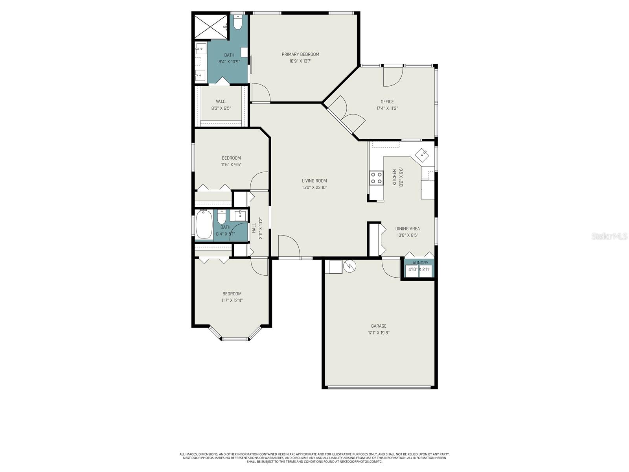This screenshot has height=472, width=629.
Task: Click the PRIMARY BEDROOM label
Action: point(300,54)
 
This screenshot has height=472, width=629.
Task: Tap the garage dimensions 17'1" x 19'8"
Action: point(379,333)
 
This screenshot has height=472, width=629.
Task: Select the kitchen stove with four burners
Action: point(376,178)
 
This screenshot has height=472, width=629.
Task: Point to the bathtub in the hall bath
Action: point(204,225)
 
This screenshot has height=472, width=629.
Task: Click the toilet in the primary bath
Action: point(237,23)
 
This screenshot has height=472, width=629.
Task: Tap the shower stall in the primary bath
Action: point(211,26)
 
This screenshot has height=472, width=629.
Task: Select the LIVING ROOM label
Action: point(314,181)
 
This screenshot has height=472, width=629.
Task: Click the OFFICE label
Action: point(387,102)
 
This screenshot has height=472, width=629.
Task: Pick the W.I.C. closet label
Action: point(221,101)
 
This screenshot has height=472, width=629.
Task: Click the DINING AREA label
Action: point(407,229)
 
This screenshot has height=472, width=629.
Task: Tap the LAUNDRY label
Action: point(419,263)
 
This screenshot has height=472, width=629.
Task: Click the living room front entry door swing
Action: point(289,247)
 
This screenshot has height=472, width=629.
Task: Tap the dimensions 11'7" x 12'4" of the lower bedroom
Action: point(232,301)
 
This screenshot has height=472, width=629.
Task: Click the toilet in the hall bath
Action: point(222,217)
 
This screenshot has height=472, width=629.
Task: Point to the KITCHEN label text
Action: point(394,177)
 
